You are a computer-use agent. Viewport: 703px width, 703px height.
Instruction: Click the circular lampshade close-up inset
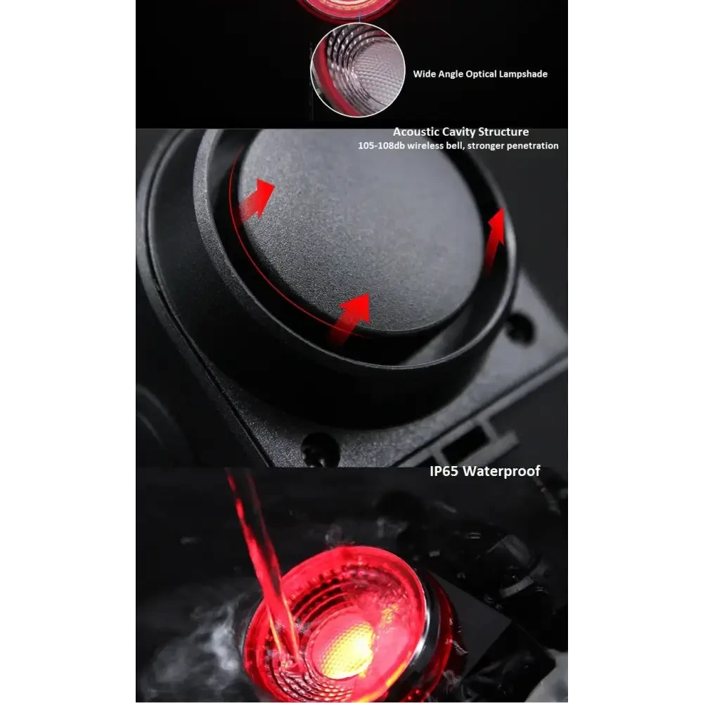357,70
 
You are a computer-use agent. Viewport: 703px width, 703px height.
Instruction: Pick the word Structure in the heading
503,132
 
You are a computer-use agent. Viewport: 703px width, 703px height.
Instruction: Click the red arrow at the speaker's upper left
257,199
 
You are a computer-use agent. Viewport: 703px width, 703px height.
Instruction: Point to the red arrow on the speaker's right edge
495,240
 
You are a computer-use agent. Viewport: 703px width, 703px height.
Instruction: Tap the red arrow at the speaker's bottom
350,318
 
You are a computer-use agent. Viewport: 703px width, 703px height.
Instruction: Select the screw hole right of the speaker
519,327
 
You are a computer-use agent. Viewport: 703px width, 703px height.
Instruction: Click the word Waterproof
501,472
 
